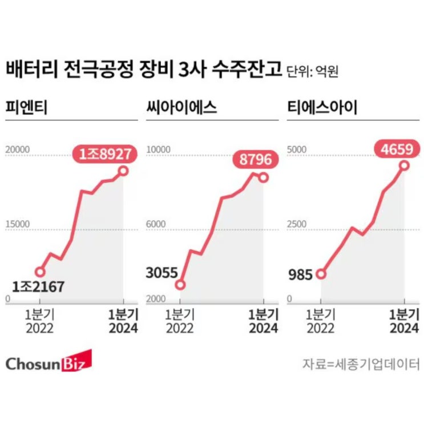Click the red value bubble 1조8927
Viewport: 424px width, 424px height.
coord(106,153)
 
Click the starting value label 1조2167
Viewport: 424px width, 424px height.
coord(39,286)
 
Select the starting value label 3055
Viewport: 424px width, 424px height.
coord(161,273)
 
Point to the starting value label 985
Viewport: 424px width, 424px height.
coord(300,274)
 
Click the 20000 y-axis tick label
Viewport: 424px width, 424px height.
coord(17,150)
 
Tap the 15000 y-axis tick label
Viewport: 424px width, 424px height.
coord(17,224)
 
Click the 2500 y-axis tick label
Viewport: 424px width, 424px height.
coord(297,224)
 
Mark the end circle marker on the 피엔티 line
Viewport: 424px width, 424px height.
coord(123,171)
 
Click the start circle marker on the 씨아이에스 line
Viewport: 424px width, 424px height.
coord(180,285)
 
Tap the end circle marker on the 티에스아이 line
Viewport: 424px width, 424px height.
coord(404,165)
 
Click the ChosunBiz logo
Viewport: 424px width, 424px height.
coord(48,364)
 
